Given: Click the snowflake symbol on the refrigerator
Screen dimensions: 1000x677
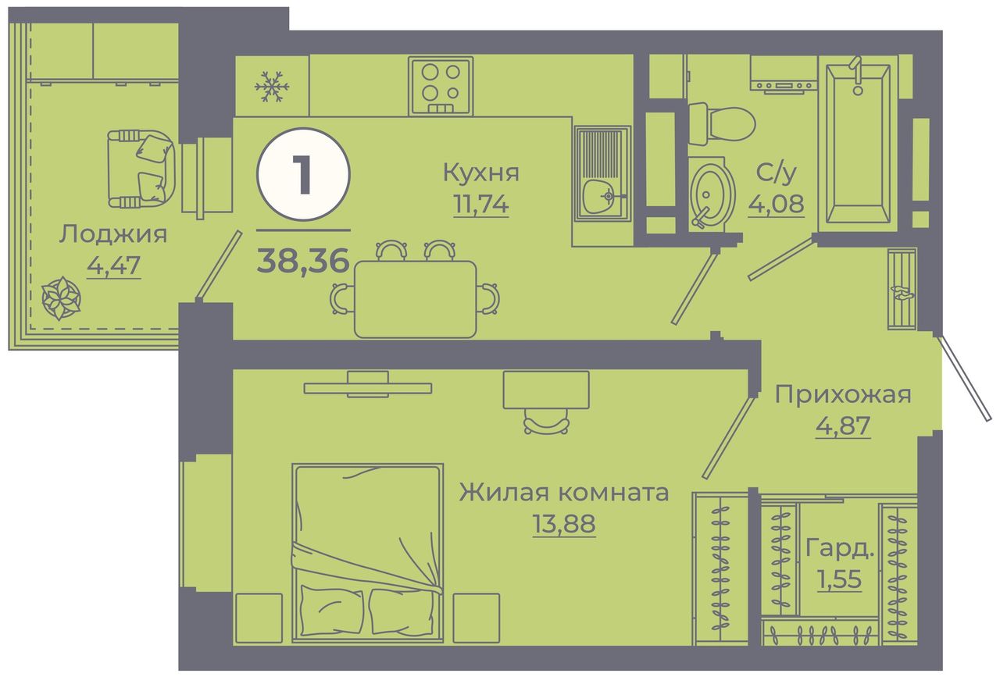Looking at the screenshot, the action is [x=271, y=86].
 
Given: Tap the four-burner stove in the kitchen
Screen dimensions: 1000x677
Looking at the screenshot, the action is [x=441, y=86].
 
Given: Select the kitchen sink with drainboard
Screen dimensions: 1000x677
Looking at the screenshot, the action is [x=602, y=173].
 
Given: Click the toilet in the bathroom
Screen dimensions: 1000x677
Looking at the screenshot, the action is [x=721, y=123].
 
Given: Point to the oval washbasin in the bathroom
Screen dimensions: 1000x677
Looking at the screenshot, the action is [x=712, y=195].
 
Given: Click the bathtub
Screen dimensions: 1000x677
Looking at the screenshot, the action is [x=858, y=143].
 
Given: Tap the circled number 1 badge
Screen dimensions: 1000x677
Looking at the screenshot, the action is [x=304, y=174].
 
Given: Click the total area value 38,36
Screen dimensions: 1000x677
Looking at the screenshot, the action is [x=302, y=261].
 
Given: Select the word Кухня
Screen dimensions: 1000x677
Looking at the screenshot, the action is [x=480, y=173].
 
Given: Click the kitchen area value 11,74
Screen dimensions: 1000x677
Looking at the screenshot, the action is [x=480, y=205].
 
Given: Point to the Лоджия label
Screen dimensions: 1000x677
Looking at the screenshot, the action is [x=113, y=234].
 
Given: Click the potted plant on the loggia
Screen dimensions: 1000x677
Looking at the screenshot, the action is [x=61, y=298].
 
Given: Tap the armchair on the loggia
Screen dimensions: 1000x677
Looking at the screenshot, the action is [x=141, y=169].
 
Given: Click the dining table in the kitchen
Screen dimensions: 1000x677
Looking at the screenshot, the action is [x=415, y=299].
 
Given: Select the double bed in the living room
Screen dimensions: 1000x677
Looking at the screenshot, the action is [x=367, y=553].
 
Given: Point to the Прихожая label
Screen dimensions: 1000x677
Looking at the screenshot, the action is [x=843, y=394].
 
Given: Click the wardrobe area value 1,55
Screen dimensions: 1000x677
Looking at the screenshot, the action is [x=839, y=579].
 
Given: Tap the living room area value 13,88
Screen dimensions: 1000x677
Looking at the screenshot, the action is [x=564, y=524].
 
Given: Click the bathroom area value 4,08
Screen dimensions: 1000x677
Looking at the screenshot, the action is [x=777, y=204].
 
